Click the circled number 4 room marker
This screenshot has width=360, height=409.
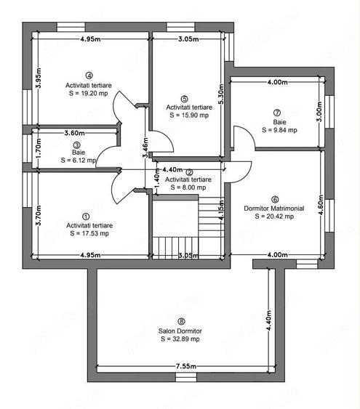(89, 76)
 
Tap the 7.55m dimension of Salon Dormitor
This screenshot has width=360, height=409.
(186, 366)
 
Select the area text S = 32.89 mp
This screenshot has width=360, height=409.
(180, 339)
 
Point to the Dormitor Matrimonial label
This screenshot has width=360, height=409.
(274, 208)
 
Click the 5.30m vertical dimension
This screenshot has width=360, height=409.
(221, 94)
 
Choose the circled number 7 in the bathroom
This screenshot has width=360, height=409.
(277, 113)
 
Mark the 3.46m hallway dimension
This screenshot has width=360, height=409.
(145, 147)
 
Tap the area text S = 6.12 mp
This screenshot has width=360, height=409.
(79, 160)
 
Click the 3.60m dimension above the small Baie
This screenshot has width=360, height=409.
(74, 133)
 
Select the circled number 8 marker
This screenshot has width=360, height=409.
(181, 321)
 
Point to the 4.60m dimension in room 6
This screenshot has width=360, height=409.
(321, 205)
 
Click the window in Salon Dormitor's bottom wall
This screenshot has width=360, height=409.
(185, 377)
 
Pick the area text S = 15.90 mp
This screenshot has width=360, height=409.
(189, 115)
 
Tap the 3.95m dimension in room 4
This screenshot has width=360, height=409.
(39, 78)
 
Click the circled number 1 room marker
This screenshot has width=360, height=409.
(86, 216)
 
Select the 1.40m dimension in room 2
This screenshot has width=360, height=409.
(156, 178)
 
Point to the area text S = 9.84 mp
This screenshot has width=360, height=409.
(279, 130)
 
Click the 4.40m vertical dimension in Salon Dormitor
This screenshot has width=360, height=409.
(268, 320)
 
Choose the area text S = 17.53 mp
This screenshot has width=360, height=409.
(89, 233)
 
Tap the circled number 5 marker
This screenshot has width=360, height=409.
(184, 99)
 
